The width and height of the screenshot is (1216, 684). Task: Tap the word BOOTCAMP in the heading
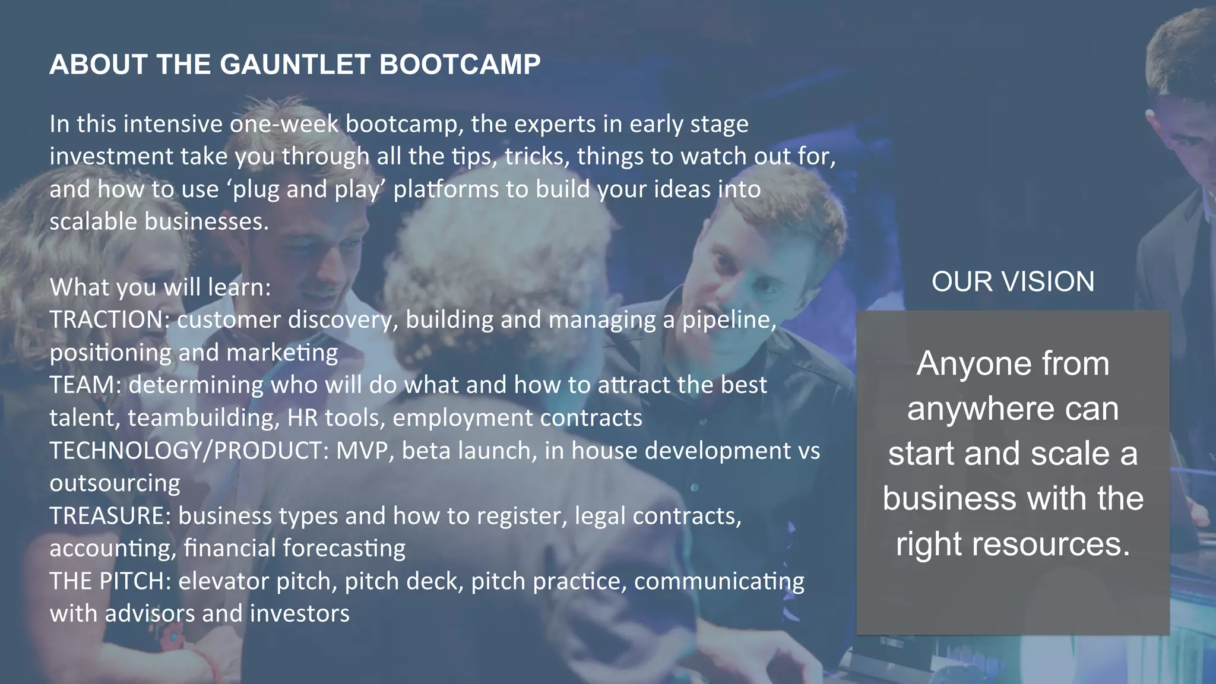pos(460,65)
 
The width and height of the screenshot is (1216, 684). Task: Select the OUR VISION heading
pos(1012,282)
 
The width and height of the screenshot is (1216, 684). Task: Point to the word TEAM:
pos(85,385)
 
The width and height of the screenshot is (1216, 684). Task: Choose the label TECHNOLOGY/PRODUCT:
pos(189,451)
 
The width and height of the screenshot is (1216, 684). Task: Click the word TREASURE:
pos(110,516)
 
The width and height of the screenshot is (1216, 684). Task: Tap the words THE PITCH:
pos(110,581)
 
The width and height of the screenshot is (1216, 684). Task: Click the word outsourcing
pos(115,483)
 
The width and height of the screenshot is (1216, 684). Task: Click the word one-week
pos(284,124)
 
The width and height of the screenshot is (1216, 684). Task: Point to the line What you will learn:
pos(160,287)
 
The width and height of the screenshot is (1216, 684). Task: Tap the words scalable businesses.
pos(159,222)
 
